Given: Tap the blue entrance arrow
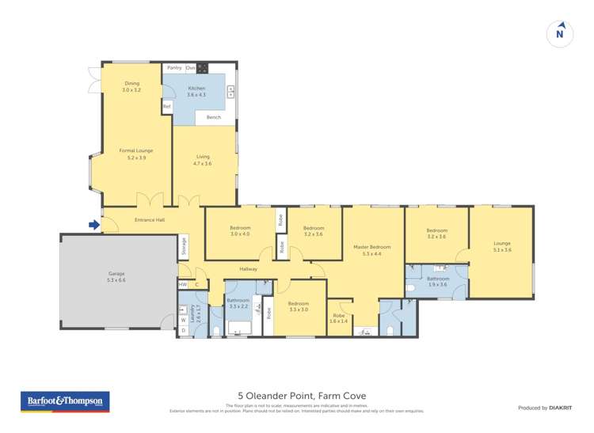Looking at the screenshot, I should click(x=93, y=225).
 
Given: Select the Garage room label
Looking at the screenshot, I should click(x=116, y=277).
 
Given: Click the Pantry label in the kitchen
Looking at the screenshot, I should click(x=174, y=68).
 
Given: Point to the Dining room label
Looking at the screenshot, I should click(x=131, y=87).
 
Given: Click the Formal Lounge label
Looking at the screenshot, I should click(x=135, y=154).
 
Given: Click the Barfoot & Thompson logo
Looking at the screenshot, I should click(x=65, y=401).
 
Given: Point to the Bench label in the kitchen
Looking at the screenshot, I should click(x=214, y=117).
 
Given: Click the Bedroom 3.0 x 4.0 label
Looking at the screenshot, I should click(x=239, y=231).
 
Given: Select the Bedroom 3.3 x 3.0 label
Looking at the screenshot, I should click(x=298, y=306).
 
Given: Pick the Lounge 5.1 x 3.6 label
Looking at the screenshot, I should click(x=501, y=246).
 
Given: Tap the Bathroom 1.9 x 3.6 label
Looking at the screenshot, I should click(x=438, y=281).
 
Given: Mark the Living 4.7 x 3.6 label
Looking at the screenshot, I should click(x=204, y=160).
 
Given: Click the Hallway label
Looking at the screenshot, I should click(x=249, y=269).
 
